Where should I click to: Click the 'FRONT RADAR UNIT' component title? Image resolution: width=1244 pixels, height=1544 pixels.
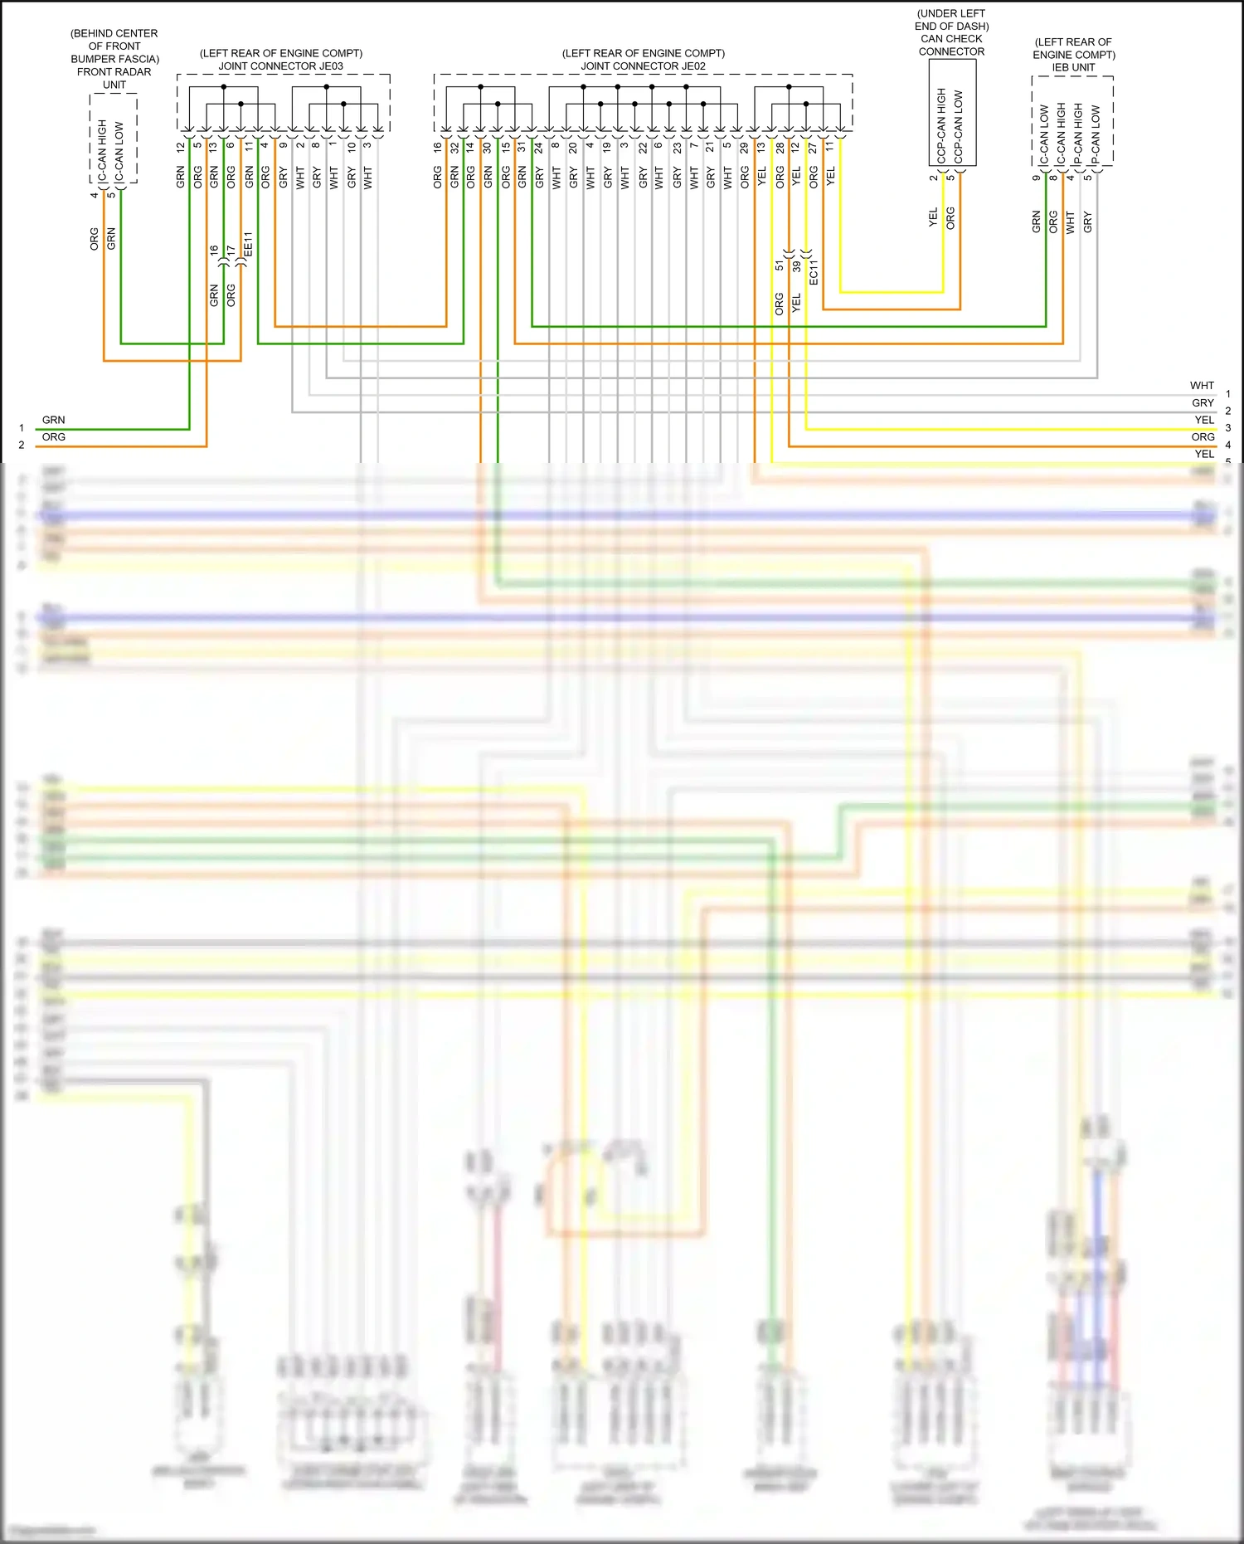[114, 78]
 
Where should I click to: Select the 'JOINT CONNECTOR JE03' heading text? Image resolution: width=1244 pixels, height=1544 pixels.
[280, 66]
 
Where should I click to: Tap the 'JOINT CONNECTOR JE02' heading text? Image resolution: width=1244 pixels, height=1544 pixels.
[643, 66]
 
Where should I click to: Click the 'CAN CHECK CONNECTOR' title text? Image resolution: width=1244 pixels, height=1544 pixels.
[951, 45]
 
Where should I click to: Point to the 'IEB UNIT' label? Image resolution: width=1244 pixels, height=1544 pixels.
[1073, 67]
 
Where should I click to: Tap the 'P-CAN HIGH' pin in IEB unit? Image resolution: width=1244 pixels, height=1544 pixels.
[1078, 133]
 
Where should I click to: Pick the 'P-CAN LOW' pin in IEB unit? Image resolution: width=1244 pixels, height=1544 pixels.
[1096, 133]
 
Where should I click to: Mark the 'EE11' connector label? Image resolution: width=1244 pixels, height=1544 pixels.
[248, 244]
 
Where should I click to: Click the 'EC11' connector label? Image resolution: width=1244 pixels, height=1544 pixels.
[814, 272]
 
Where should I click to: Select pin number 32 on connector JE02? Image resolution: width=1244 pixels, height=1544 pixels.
[454, 147]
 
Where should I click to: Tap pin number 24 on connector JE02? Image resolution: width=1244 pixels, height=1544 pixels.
[539, 147]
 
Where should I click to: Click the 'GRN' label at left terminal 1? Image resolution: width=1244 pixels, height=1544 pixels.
[53, 420]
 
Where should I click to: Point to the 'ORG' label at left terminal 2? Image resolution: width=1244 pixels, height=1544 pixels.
[53, 437]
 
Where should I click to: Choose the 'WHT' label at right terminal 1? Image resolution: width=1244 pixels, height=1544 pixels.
[1202, 386]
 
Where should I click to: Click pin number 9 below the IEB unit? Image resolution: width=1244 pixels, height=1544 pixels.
[1036, 177]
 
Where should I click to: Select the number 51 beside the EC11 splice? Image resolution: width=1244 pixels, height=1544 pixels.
[779, 265]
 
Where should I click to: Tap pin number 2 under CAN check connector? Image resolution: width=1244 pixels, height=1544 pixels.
[933, 177]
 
